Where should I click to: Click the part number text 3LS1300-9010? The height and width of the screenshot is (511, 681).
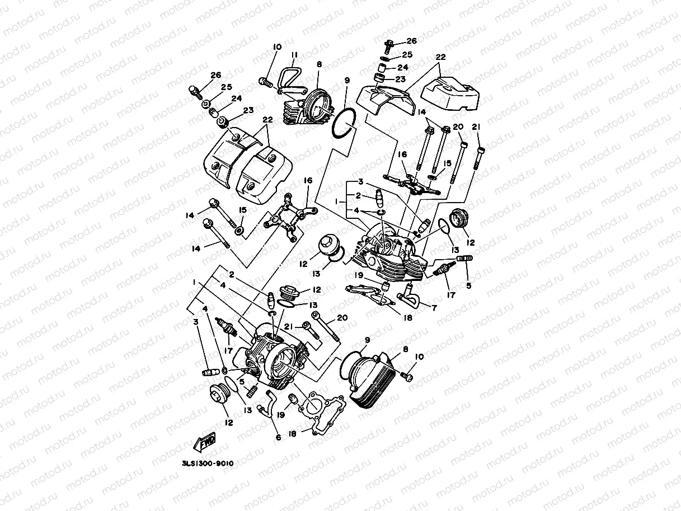coord(207,463)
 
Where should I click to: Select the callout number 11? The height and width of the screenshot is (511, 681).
coord(294,54)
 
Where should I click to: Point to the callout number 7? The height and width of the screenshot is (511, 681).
coord(434,307)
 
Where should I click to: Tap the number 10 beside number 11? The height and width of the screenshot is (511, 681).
coord(277,47)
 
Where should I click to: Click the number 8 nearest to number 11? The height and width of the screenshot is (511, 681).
coord(319,64)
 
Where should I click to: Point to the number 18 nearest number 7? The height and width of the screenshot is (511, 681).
coord(407,318)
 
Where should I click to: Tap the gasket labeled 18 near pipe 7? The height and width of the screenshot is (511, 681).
coord(369,296)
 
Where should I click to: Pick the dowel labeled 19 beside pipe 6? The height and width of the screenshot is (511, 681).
coord(292,400)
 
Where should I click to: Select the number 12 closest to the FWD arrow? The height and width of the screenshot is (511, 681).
coord(228,423)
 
